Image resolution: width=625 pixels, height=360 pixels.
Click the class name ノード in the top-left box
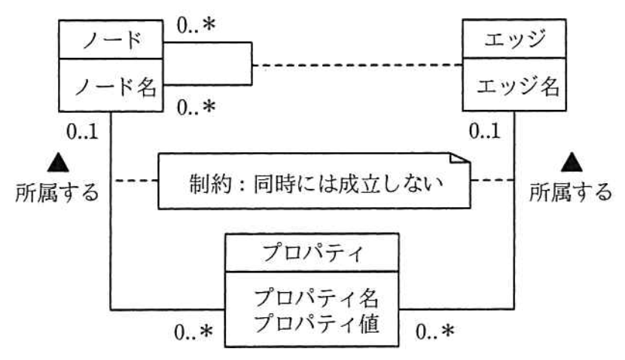point(112,40)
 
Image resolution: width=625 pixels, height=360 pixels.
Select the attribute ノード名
point(116,87)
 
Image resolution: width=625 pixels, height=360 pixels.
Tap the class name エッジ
point(515,39)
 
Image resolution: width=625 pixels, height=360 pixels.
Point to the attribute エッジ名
point(518,87)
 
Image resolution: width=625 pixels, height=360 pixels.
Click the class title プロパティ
point(312,252)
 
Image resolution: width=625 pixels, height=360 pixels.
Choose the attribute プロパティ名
point(316,298)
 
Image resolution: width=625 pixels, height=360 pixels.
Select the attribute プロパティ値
point(316,323)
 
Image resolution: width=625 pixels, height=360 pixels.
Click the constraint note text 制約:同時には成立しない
point(316,184)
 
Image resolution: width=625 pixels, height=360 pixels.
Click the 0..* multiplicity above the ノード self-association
point(196,26)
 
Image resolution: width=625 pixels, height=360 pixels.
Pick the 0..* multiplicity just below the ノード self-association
point(196,108)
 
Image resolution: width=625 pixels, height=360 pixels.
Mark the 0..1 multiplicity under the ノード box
point(83,132)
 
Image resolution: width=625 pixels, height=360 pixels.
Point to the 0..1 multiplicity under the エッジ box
point(485,131)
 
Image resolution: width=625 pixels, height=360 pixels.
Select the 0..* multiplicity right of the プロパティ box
point(435,331)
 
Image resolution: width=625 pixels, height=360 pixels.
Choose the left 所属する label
point(57,192)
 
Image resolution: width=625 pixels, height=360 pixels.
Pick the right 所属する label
point(571,192)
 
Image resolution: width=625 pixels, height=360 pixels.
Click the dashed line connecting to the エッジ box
point(357,65)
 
